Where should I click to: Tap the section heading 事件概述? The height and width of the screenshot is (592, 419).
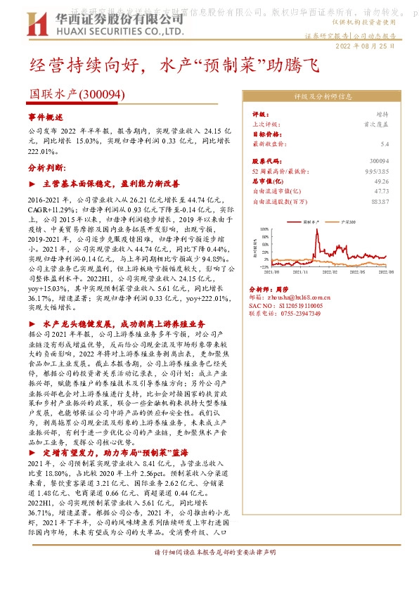pyautogui.click(x=46, y=115)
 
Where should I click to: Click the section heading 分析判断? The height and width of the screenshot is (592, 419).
pyautogui.click(x=46, y=168)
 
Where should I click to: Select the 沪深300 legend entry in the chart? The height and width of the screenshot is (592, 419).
pyautogui.click(x=345, y=221)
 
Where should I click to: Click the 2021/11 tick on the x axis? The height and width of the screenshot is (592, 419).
pyautogui.click(x=300, y=271)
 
